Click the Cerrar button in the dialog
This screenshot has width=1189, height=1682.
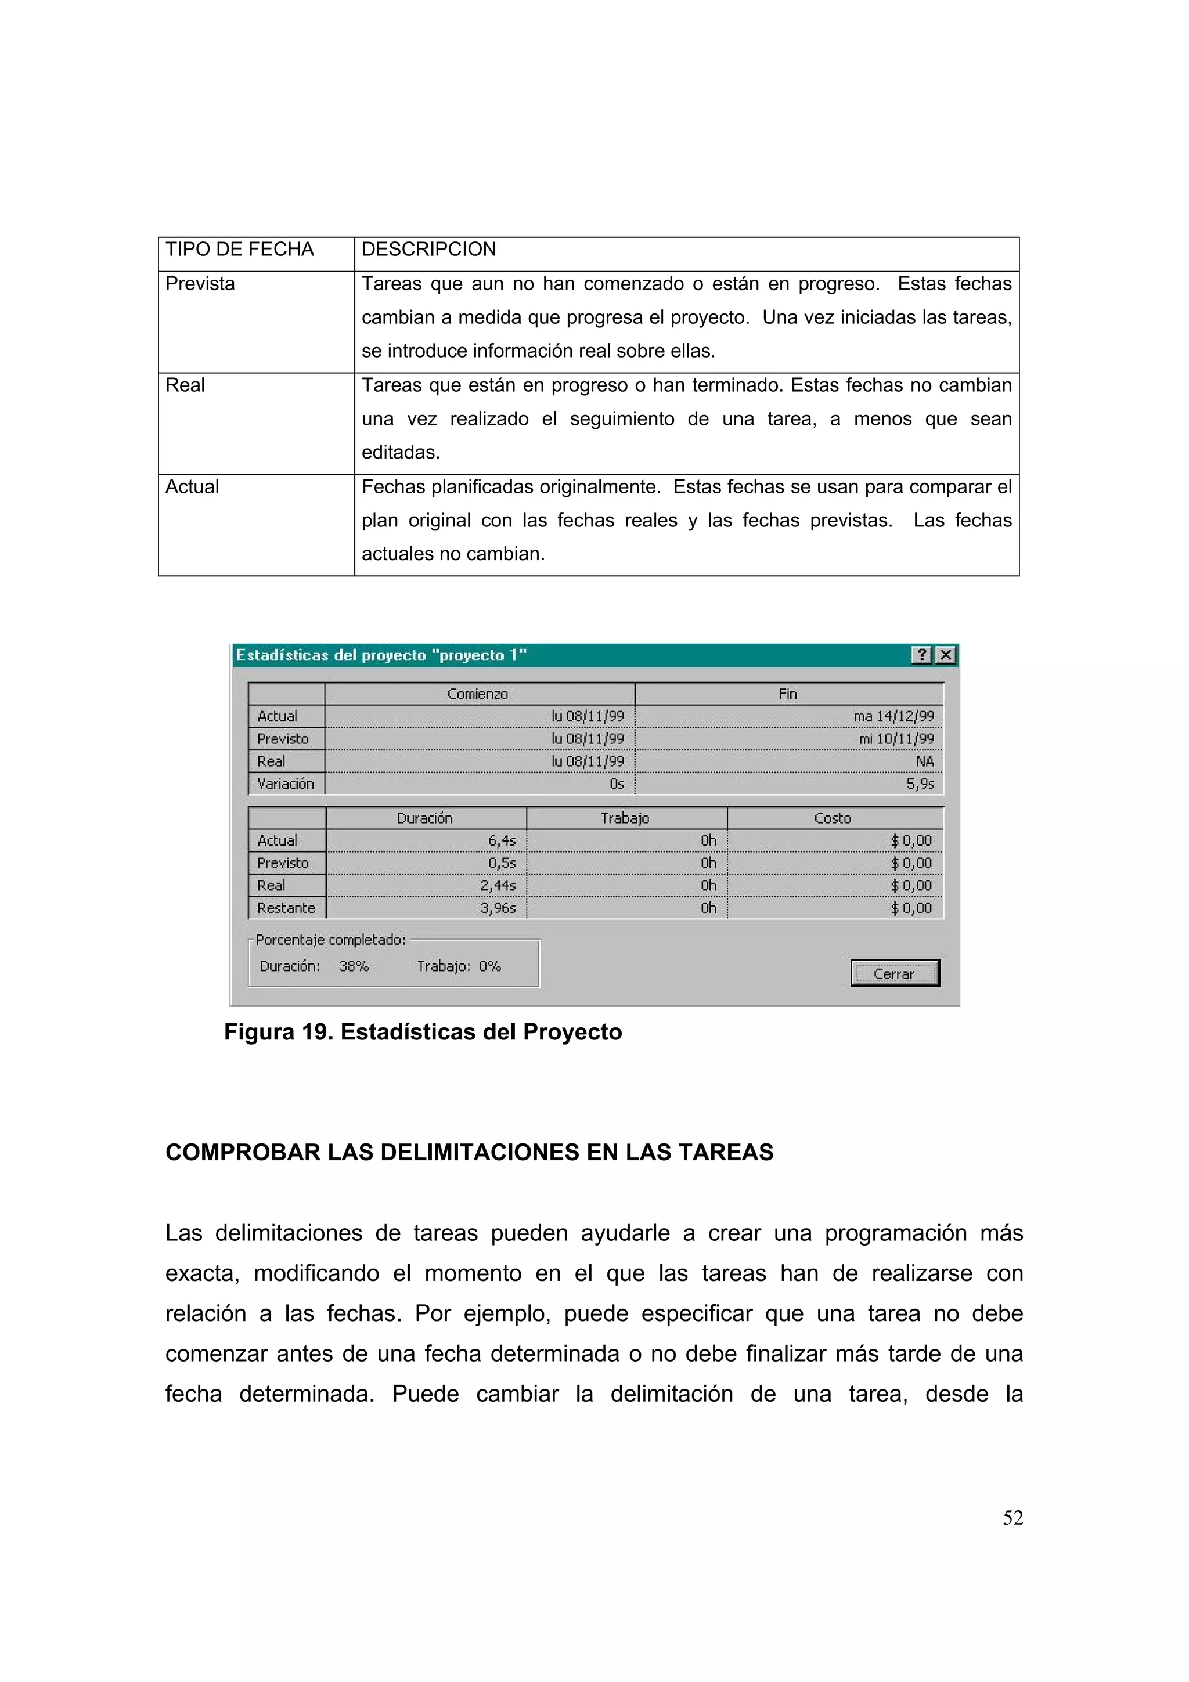895,973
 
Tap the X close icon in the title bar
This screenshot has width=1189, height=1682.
946,655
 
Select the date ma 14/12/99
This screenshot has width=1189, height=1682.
893,716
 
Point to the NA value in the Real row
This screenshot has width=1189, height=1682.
924,761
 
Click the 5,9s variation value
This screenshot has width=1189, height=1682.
920,784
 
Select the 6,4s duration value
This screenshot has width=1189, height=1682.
502,841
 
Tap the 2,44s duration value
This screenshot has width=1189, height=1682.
498,886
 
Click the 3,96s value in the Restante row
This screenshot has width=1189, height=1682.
498,908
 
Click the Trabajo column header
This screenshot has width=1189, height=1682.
625,818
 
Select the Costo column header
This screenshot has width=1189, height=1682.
832,818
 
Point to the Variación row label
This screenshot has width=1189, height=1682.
285,784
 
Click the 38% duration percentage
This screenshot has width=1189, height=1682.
354,966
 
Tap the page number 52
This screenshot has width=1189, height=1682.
1013,1518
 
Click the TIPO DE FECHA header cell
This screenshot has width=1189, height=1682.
240,250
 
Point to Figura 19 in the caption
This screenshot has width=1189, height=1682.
279,1032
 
